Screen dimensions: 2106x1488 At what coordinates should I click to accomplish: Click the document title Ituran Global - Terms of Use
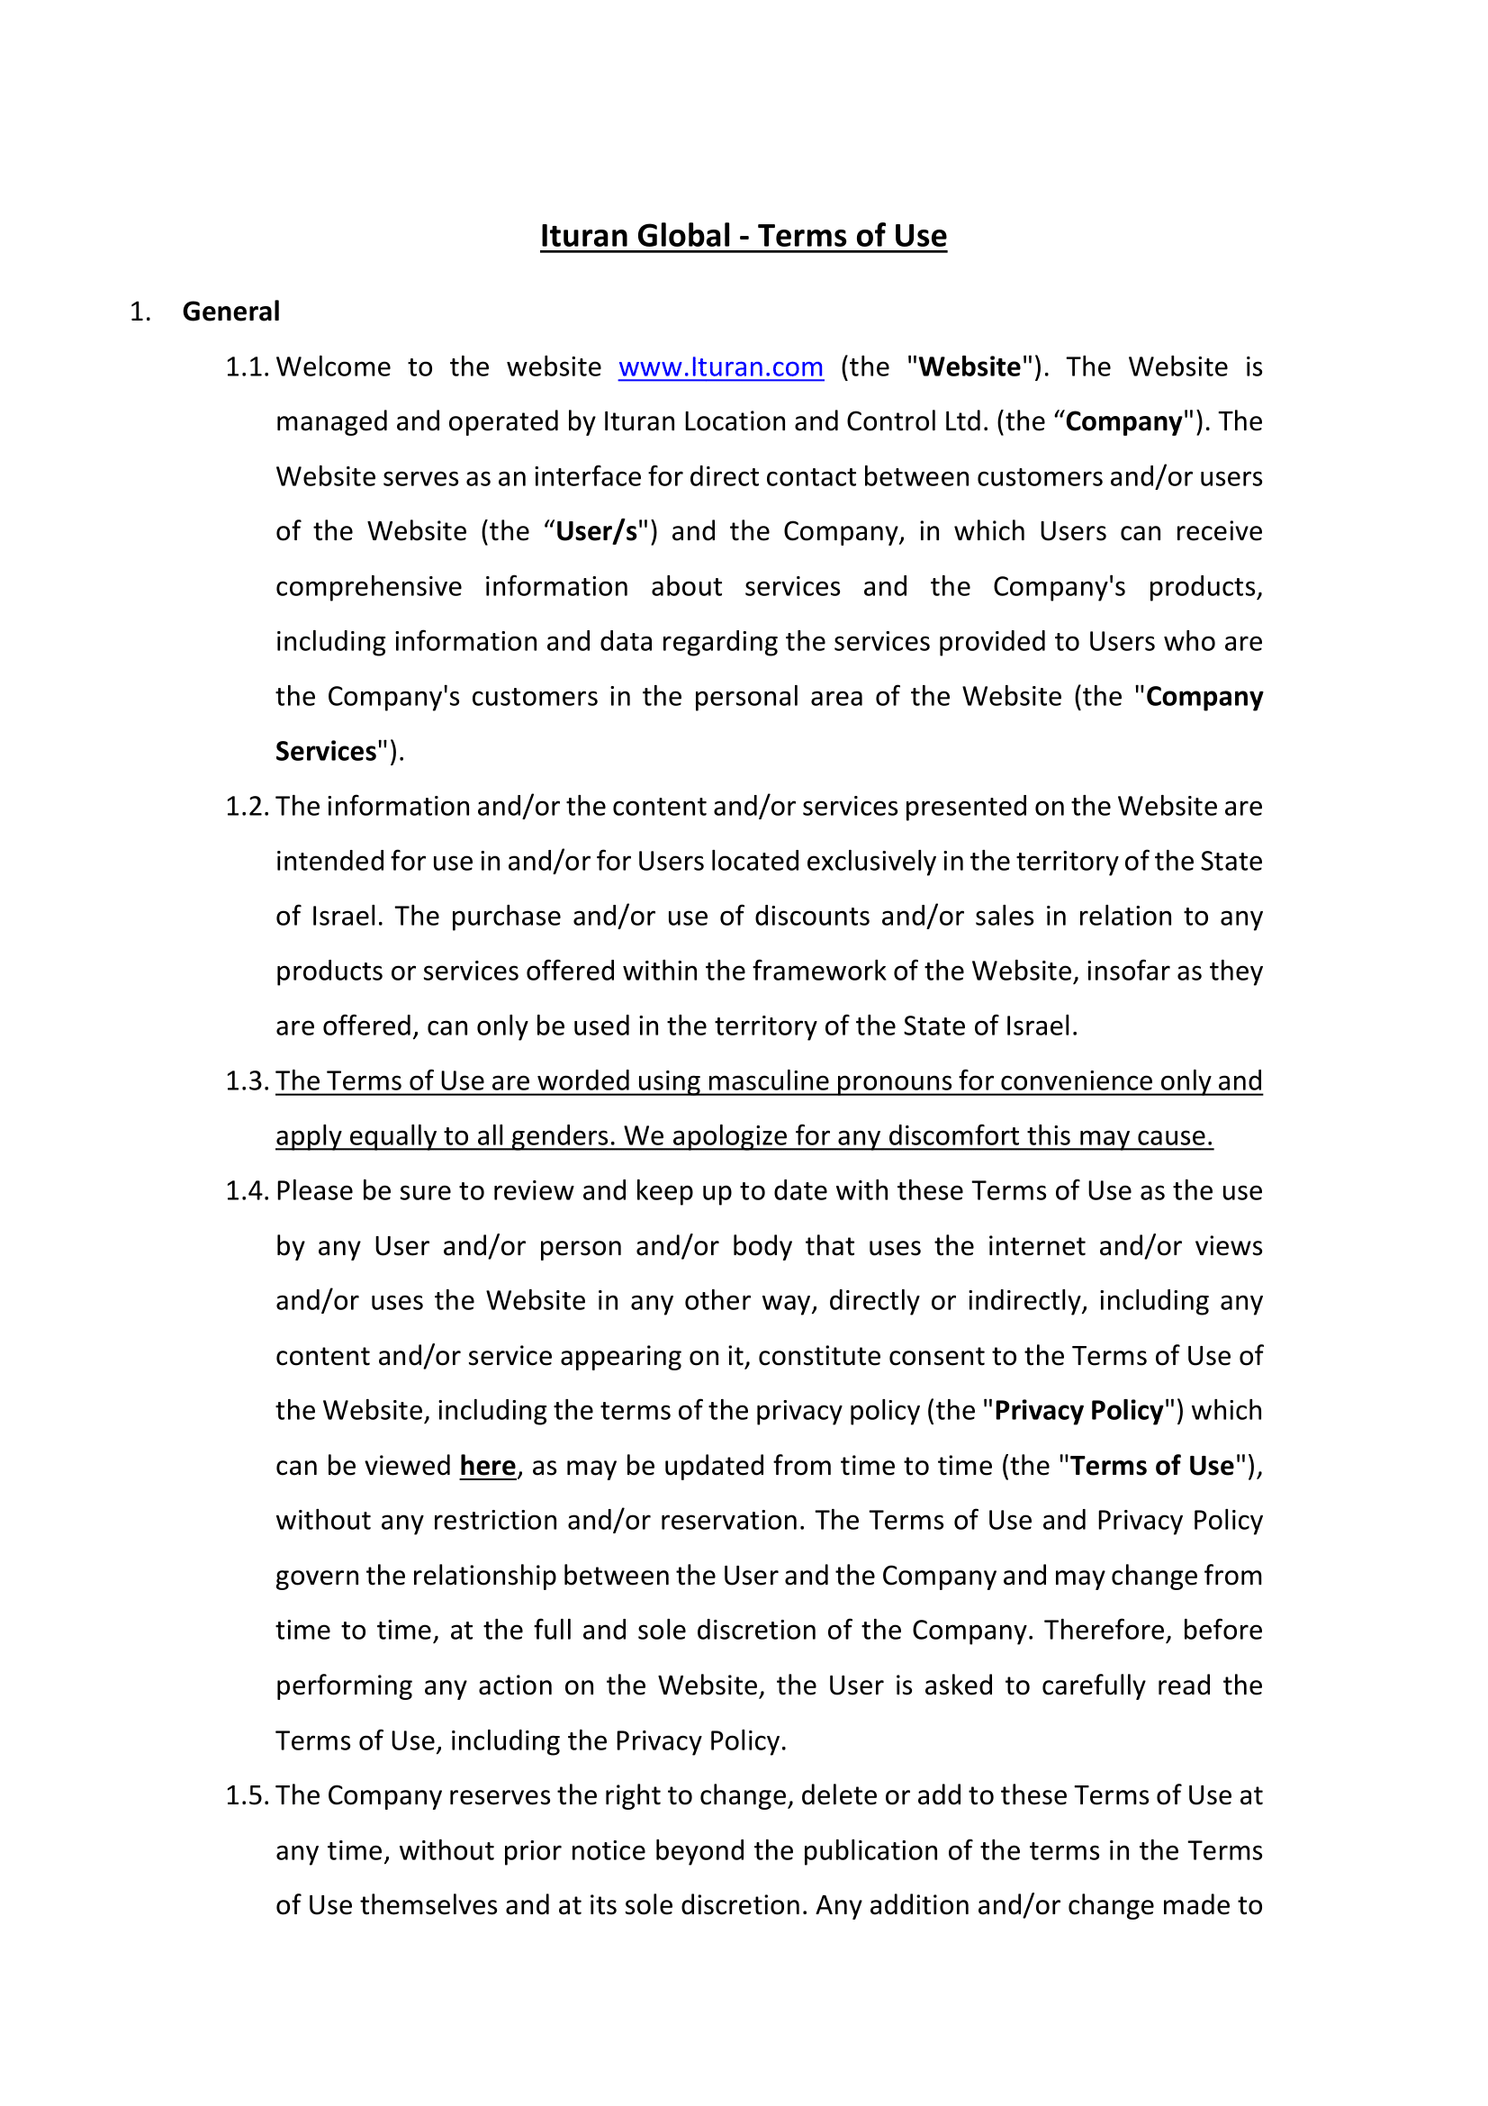pyautogui.click(x=743, y=236)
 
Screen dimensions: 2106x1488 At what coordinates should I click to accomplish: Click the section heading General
pyautogui.click(x=231, y=312)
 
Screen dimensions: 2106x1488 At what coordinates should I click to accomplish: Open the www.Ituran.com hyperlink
pyautogui.click(x=721, y=366)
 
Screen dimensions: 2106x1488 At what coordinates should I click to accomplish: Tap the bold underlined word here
pyautogui.click(x=488, y=1466)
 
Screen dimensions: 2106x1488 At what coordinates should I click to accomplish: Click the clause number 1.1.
pyautogui.click(x=247, y=366)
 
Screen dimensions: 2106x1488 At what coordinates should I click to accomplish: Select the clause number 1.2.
pyautogui.click(x=247, y=806)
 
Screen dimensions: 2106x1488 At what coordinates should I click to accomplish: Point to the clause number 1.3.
pyautogui.click(x=247, y=1081)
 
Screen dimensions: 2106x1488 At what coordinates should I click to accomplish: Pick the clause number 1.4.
pyautogui.click(x=247, y=1190)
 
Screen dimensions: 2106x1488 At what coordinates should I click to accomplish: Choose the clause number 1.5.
pyautogui.click(x=247, y=1795)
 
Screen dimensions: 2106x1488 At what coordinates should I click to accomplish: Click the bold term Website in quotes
pyautogui.click(x=970, y=366)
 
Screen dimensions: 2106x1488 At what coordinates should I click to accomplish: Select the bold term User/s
pyautogui.click(x=597, y=532)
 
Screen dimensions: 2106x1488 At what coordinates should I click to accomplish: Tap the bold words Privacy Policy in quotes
pyautogui.click(x=1079, y=1411)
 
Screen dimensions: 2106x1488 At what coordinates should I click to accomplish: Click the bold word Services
pyautogui.click(x=327, y=752)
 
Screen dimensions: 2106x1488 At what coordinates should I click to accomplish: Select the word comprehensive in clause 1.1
pyautogui.click(x=368, y=587)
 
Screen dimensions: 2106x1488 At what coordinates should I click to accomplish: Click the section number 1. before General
pyautogui.click(x=140, y=312)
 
